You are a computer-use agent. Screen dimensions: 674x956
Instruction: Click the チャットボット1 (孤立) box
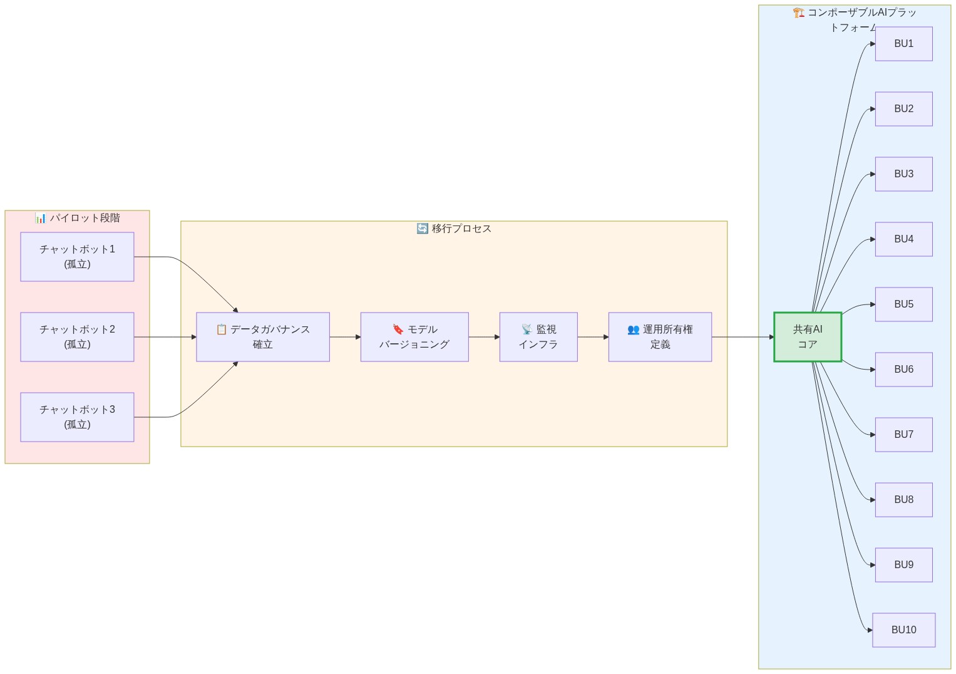coord(77,257)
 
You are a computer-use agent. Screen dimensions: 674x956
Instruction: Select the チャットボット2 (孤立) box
coord(77,337)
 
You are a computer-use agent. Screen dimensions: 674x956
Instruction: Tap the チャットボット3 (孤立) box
coord(77,417)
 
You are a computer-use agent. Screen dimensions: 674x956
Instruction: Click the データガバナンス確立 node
coord(263,337)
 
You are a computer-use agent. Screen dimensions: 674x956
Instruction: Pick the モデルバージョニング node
coord(414,337)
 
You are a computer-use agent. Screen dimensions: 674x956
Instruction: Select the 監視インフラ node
coord(538,337)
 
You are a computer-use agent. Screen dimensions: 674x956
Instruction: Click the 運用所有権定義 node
coord(660,337)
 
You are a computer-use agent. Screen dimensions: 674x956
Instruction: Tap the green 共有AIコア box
coord(808,337)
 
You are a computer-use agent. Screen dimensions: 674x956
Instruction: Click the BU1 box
coord(903,44)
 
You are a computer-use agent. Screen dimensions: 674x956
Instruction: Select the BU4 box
coord(903,239)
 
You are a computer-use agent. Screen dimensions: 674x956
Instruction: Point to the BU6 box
coord(903,370)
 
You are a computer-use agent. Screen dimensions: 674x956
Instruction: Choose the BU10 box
coord(903,630)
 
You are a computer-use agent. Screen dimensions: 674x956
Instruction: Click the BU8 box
coord(903,500)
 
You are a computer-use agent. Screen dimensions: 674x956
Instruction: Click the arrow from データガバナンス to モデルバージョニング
coord(345,337)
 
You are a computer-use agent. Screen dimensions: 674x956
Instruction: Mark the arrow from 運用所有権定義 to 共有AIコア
coord(743,337)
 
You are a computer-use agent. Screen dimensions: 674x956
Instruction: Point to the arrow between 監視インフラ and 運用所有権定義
coord(593,337)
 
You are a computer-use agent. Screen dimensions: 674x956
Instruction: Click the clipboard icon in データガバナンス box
coord(221,329)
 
